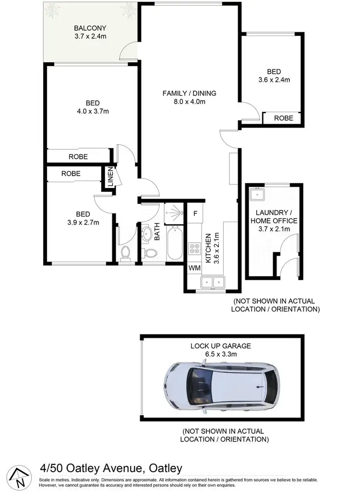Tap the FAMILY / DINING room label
[189, 93]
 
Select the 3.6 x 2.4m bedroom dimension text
[274, 80]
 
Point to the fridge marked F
[195, 214]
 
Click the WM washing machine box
[194, 268]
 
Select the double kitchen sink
[212, 282]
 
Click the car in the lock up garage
[220, 387]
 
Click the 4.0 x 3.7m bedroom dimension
[93, 112]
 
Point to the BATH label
[157, 232]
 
